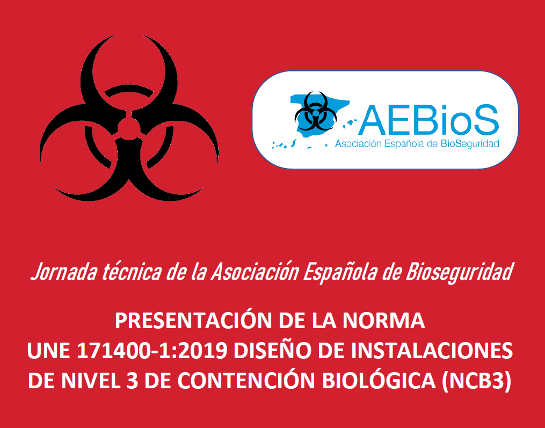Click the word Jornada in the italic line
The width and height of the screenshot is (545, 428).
64,272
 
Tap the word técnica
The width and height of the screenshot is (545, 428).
132,272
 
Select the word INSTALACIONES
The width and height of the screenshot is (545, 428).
432,351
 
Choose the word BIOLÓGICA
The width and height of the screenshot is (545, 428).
379,380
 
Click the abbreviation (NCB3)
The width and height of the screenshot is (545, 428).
476,381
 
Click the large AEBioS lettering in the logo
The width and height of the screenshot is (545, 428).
428,120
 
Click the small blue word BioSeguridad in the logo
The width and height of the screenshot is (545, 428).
470,144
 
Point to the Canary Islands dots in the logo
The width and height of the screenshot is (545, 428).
284,144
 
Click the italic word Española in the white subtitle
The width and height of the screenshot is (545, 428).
340,272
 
